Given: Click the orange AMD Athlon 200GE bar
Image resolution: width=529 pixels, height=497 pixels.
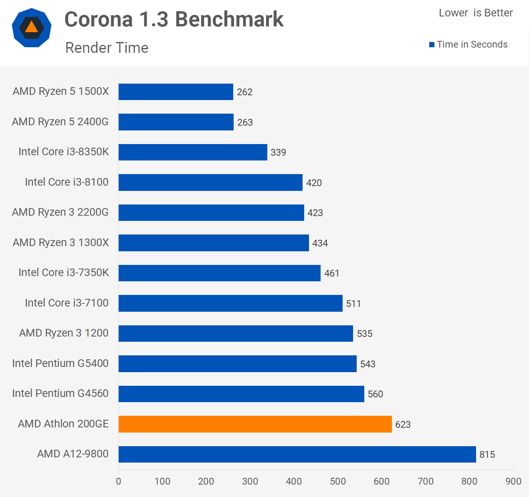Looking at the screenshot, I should (x=255, y=424).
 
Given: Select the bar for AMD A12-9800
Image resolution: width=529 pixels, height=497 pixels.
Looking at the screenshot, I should (x=297, y=454).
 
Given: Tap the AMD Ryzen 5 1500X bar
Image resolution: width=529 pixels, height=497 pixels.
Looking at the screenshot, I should (x=176, y=92).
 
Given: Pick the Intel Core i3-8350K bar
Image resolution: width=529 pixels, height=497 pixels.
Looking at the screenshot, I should (x=193, y=152).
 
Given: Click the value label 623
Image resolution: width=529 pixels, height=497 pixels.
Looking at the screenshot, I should (x=403, y=425).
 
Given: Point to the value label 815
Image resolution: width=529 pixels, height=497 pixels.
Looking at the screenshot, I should (x=487, y=455).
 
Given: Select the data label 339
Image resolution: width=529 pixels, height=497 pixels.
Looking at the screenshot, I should (x=278, y=152).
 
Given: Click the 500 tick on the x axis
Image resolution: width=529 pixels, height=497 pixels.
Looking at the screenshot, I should (x=338, y=481).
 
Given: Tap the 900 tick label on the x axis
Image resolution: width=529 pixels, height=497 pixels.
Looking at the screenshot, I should (x=513, y=481).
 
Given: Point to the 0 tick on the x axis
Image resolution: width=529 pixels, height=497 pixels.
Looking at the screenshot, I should (x=119, y=481).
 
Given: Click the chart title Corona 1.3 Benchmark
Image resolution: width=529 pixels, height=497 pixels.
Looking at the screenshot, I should (x=174, y=19).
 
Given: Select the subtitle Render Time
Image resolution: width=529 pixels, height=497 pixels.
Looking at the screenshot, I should (x=107, y=48).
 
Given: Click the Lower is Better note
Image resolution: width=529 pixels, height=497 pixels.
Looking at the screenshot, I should (x=476, y=13).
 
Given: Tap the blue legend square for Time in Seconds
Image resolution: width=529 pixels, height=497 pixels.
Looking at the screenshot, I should (x=432, y=45).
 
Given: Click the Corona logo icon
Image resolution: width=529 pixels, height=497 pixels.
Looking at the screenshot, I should (x=32, y=28).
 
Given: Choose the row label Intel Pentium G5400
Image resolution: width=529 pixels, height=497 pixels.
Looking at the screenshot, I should (x=60, y=363).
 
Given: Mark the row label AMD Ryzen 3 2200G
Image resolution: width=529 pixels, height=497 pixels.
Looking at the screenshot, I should (x=60, y=212).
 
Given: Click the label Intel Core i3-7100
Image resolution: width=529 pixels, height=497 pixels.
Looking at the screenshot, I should (x=67, y=303).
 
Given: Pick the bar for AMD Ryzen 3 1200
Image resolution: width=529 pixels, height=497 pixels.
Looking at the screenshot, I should (x=236, y=333).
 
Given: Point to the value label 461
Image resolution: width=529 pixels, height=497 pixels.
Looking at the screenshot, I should (x=331, y=273).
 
